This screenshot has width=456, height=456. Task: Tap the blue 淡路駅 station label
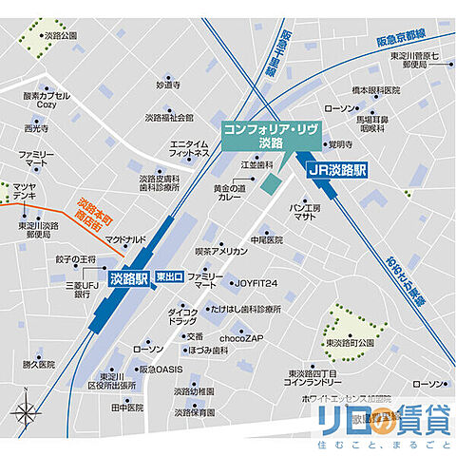pyautogui.click(x=128, y=278)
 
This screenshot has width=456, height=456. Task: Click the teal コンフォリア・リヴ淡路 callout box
pyautogui.click(x=257, y=134)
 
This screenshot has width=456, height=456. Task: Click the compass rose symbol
pyautogui.click(x=28, y=413)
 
